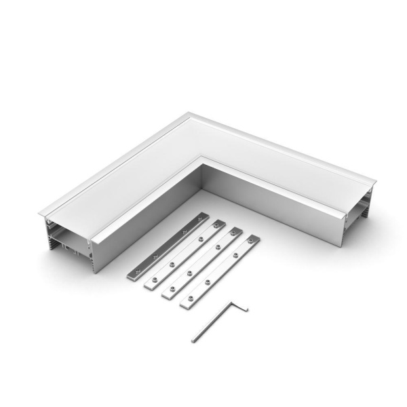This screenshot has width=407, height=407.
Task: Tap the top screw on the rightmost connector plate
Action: tap(251, 241)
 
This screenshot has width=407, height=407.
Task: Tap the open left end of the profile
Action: tap(68, 234)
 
